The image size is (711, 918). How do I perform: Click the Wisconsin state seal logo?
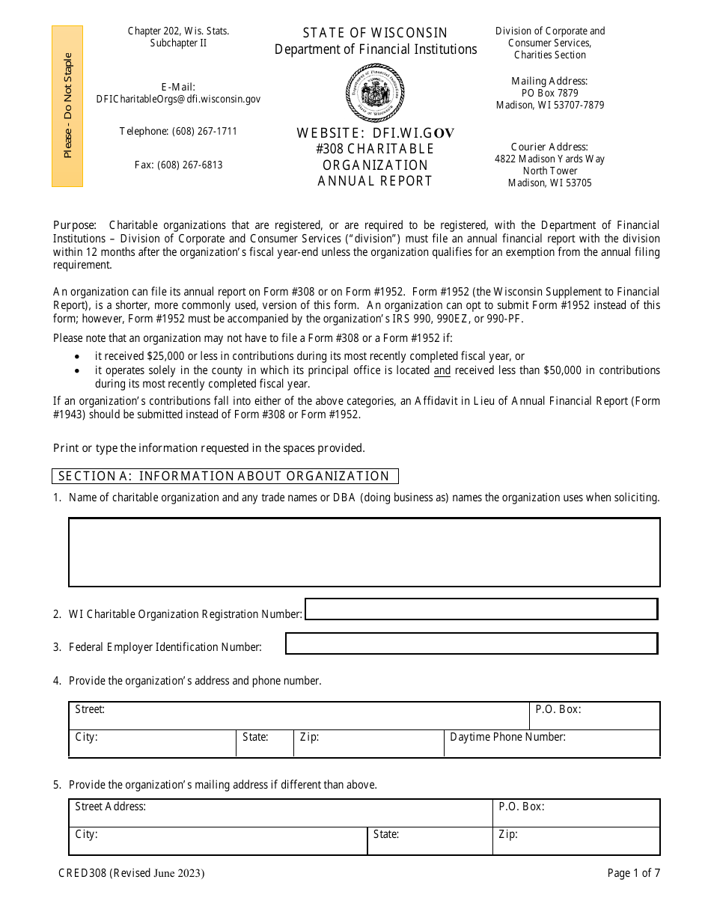[x=375, y=93]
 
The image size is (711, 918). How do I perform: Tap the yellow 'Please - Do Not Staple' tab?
[x=67, y=105]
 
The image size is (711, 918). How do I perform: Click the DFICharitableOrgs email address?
[x=178, y=99]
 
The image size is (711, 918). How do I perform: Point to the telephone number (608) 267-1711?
[x=178, y=132]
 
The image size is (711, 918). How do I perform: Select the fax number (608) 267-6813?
[x=178, y=165]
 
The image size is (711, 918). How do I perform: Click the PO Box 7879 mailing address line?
[x=549, y=94]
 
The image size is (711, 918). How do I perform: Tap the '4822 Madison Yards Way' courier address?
[x=549, y=159]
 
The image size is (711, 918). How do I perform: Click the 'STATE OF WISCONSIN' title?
[x=375, y=33]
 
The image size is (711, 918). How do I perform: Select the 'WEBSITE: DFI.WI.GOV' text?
[x=375, y=133]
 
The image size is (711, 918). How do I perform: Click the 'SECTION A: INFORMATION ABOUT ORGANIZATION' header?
[x=225, y=477]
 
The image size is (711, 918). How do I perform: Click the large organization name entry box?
[x=364, y=552]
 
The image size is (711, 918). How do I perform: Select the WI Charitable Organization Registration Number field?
[x=481, y=610]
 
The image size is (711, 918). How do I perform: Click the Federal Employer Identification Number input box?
[x=472, y=643]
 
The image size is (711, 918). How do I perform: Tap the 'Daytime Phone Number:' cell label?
[x=507, y=738]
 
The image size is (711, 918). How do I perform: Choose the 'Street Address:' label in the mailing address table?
[x=110, y=807]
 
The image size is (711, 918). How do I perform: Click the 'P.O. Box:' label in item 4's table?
[x=558, y=709]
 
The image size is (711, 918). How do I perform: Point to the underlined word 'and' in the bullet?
[x=442, y=370]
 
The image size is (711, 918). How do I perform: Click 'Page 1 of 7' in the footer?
[x=633, y=873]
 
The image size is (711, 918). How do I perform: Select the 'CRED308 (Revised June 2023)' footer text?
[x=131, y=873]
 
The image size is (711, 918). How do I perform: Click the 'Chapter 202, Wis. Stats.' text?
[x=178, y=31]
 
